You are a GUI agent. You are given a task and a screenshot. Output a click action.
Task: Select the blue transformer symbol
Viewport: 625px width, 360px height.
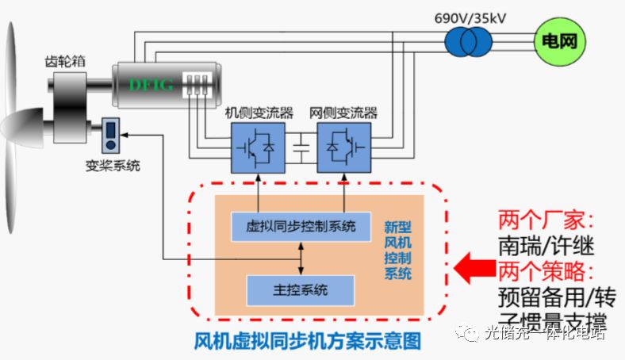pos(469,41)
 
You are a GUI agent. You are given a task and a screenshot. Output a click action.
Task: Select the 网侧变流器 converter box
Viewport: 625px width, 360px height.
pos(343,147)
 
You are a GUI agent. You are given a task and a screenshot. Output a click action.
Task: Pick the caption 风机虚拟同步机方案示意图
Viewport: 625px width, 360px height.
pos(308,342)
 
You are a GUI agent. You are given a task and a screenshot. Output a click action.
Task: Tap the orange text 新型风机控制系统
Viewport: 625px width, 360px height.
pos(397,251)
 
